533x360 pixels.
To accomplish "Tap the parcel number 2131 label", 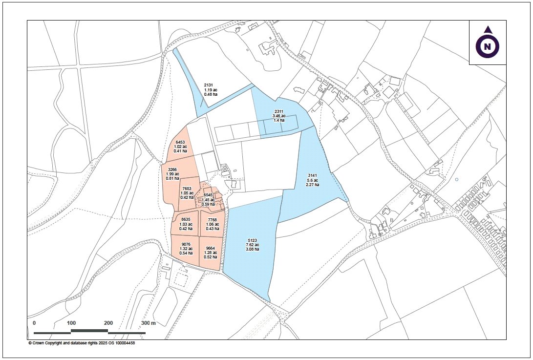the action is [209, 85].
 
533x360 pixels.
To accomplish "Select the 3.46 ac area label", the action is [279, 116].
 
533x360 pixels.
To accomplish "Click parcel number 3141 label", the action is [313, 175].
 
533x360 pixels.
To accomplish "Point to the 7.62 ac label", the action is [253, 245].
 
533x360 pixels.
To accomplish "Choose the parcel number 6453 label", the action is [181, 142].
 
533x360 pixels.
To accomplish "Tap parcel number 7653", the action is [187, 188].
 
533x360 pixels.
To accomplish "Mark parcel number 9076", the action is [186, 244].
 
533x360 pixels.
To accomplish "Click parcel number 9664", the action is [211, 248].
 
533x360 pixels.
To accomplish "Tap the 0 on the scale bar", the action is [34, 323].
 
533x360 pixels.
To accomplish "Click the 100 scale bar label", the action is [71, 323].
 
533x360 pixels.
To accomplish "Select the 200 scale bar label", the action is [108, 323].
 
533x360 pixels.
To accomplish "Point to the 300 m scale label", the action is [149, 323].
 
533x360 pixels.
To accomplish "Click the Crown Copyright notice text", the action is [82, 343].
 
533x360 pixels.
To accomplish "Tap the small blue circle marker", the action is [457, 180].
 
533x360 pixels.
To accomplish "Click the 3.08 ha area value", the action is [253, 249].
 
